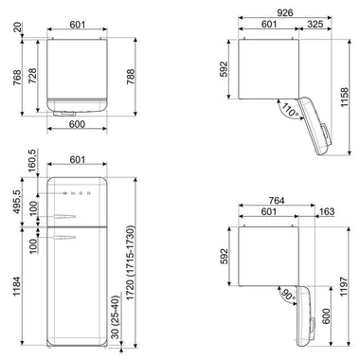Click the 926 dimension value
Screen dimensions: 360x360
285,12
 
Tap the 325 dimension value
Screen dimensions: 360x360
315,24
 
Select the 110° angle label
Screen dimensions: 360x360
290,111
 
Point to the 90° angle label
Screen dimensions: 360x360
289,295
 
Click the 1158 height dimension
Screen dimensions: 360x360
344,98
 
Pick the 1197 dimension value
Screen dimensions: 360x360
344,286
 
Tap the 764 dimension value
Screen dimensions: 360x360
277,200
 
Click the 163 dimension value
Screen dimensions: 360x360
327,211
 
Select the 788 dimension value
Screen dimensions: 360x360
131,77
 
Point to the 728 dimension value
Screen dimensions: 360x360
32,76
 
